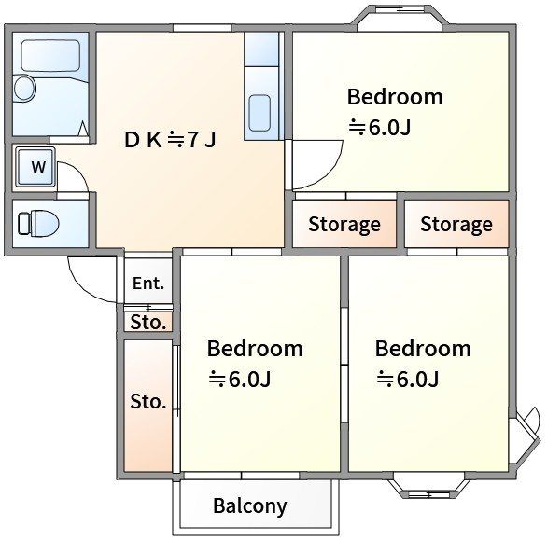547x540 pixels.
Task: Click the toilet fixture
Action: point(38,223)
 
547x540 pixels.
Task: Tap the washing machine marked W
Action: point(36,167)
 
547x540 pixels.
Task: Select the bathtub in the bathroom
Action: point(51,56)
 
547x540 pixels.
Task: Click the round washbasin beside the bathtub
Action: point(25,88)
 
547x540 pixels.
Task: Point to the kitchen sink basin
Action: point(259,113)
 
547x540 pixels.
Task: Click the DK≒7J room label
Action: point(170,140)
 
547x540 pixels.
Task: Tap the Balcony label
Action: point(250,506)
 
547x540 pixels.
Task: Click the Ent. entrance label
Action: point(148,284)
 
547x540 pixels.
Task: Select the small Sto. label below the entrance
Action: point(147,323)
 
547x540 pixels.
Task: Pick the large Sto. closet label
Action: point(147,402)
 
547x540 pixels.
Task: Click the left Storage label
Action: point(344,225)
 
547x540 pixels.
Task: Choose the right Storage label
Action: point(456,225)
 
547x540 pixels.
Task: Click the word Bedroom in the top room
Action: point(395,97)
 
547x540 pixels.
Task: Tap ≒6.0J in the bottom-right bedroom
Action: point(408,379)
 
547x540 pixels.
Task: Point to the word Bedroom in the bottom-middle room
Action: point(255,349)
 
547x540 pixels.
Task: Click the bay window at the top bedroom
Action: point(402,18)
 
